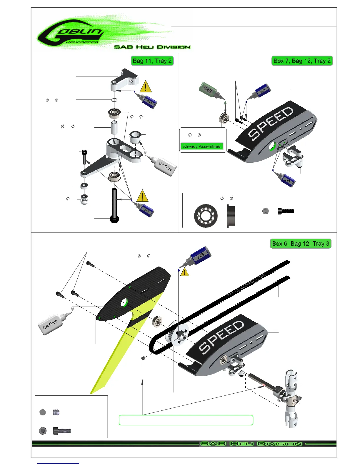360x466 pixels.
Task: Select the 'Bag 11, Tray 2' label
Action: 152,61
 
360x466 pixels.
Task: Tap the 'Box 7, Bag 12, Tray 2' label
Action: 302,61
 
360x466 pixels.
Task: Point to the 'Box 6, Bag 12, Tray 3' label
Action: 301,244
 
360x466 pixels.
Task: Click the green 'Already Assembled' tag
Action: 201,146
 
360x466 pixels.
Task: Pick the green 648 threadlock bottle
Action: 209,90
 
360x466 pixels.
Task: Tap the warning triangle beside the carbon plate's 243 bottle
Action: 185,272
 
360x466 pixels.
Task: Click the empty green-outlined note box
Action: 186,420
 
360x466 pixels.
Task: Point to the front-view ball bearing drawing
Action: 206,216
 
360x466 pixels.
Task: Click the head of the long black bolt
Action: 114,219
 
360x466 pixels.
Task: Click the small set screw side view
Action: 56,412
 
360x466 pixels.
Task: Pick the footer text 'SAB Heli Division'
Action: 251,444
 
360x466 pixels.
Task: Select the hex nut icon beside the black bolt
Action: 265,211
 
